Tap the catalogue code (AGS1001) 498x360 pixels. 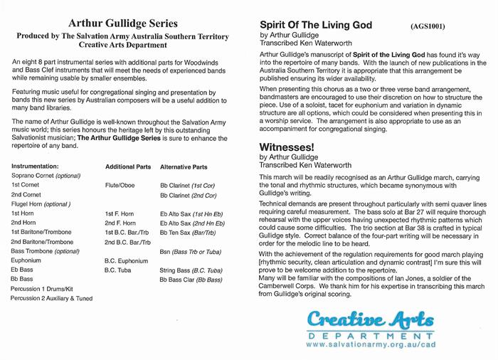point(428,26)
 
